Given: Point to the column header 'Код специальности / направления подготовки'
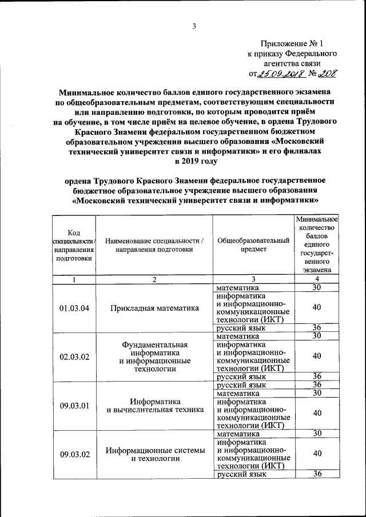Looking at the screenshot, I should (73, 245).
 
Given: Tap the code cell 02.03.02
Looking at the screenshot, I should (73, 356).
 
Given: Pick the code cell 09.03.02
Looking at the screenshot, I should (73, 454).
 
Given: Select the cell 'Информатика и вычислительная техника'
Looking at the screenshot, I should (155, 405).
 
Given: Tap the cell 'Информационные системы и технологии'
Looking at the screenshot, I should (155, 454).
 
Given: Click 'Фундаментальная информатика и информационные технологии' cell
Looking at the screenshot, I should (155, 356).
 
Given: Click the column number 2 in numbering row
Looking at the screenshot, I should (155, 279).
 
